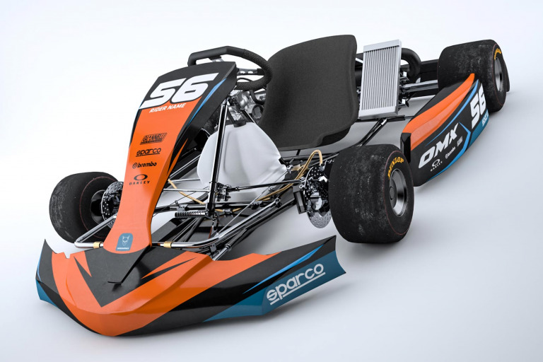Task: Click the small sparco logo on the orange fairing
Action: pyautogui.click(x=148, y=151)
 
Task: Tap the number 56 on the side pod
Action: pyautogui.click(x=479, y=106)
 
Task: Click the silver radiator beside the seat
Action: pyautogui.click(x=380, y=79)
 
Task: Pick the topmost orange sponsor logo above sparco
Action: pyautogui.click(x=153, y=137)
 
